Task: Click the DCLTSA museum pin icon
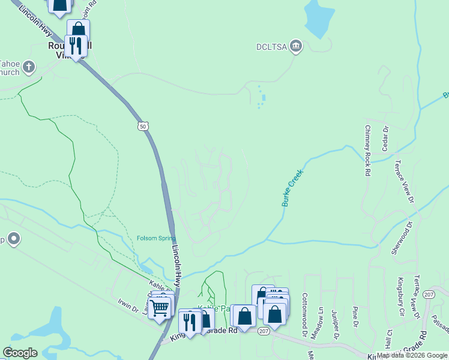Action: point(295,46)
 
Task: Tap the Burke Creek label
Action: point(294,188)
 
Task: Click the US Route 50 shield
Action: point(142,126)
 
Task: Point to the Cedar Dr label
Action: point(385,139)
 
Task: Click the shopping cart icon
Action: point(159,308)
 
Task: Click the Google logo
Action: point(20,353)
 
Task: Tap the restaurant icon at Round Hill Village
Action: point(76,46)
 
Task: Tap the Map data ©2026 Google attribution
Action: point(412,355)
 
